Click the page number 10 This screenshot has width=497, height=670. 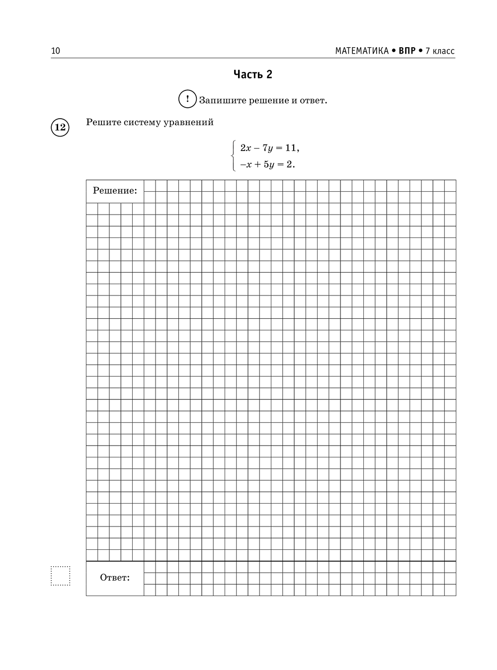click(x=55, y=51)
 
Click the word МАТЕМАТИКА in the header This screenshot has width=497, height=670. click(x=361, y=51)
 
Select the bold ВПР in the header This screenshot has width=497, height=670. click(x=407, y=51)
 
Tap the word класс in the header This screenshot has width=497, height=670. click(x=443, y=51)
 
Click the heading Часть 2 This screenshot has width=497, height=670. click(x=253, y=74)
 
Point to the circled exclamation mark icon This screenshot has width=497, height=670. click(x=187, y=99)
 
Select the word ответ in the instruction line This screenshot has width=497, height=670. click(x=313, y=100)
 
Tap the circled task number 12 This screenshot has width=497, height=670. click(x=60, y=128)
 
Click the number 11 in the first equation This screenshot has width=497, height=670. click(x=291, y=148)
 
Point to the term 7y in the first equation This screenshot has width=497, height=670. click(x=267, y=148)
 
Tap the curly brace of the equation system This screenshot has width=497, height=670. click(x=234, y=156)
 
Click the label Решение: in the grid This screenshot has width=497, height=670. click(x=115, y=191)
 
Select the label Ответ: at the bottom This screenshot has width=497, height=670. click(x=115, y=578)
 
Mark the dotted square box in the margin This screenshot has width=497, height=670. click(x=61, y=576)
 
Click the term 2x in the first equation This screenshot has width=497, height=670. click(x=246, y=148)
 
